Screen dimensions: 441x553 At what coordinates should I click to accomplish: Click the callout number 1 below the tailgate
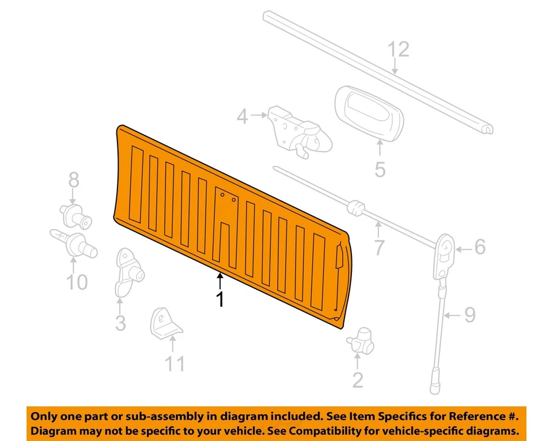coord(219,299)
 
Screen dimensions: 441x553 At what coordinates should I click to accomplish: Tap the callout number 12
coord(397,50)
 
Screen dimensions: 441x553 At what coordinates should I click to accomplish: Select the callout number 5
coord(380,170)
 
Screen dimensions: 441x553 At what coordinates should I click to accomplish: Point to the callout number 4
coord(243,117)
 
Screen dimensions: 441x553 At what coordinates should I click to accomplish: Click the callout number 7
coord(378,248)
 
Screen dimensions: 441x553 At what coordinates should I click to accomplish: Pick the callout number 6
coord(479,247)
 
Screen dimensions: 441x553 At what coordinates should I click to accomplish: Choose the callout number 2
coord(358,380)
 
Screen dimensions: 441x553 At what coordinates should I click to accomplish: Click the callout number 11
coord(175,364)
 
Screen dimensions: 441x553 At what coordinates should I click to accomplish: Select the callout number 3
coord(120,323)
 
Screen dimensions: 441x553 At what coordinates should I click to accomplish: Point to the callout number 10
coord(76,282)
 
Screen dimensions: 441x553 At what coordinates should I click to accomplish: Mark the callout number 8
coord(74,180)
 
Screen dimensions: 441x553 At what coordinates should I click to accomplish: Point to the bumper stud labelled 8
coord(74,216)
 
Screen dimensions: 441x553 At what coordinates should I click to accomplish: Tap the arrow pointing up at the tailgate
coord(219,280)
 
